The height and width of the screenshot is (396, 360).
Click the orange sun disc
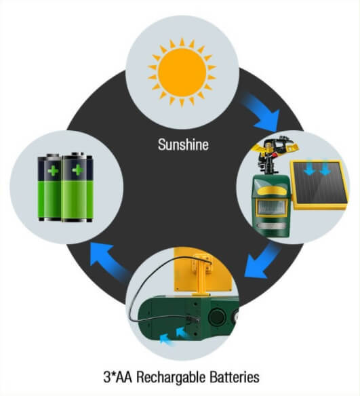pos(182,73)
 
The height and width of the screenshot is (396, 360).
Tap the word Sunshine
pos(183,144)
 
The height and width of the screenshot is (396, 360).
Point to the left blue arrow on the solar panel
pos(308,169)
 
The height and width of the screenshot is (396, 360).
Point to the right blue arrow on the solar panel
pos(325,169)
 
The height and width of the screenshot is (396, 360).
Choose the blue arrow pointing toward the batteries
pos(108,261)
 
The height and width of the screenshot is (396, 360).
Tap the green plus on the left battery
pos(53,171)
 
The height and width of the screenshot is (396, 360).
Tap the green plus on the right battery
pos(77,170)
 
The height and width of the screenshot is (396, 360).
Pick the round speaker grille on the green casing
pos(217,317)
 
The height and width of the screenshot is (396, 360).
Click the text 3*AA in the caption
pos(118,377)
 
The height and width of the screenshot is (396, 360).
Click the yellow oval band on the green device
pos(271,191)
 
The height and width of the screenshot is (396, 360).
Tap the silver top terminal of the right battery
pos(78,154)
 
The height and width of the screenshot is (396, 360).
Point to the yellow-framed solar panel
pos(319,185)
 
